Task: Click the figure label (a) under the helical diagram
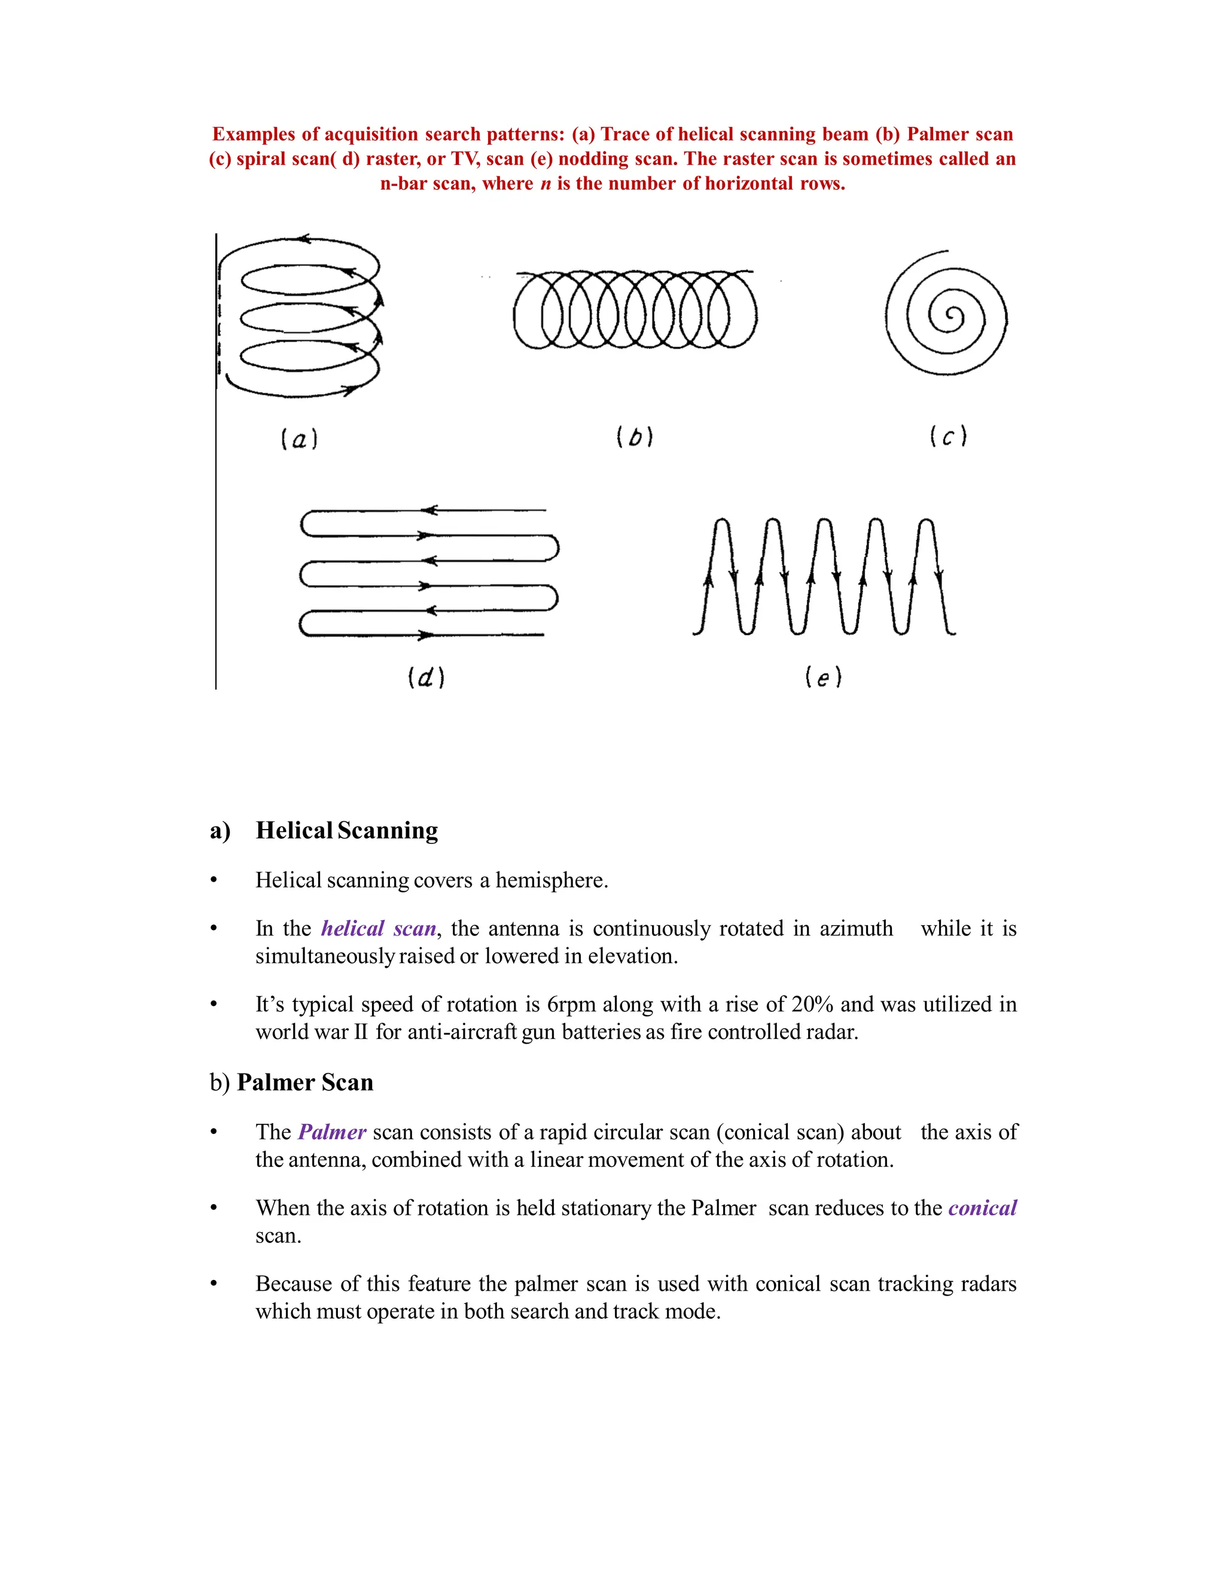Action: [299, 439]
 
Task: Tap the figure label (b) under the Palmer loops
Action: [635, 437]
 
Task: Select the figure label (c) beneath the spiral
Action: [949, 437]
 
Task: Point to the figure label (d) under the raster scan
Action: [426, 678]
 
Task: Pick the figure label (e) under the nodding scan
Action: [823, 678]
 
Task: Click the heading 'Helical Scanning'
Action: [346, 830]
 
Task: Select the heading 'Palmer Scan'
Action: [305, 1082]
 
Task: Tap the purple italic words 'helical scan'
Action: [379, 929]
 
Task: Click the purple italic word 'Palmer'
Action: [331, 1132]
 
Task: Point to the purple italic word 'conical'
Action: [983, 1208]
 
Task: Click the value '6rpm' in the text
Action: [565, 1004]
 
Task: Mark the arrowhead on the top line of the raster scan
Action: [429, 510]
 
